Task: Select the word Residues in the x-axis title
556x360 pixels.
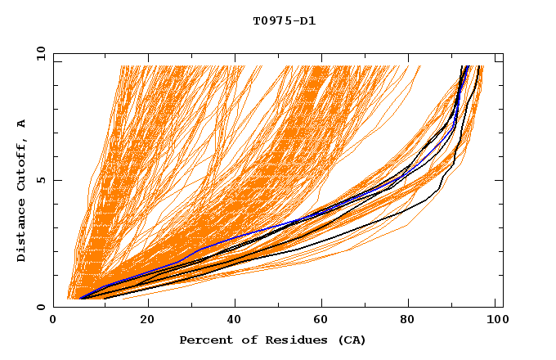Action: click(x=281, y=340)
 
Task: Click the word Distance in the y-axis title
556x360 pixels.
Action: click(x=22, y=232)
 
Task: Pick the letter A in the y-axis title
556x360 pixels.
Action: click(x=22, y=124)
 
